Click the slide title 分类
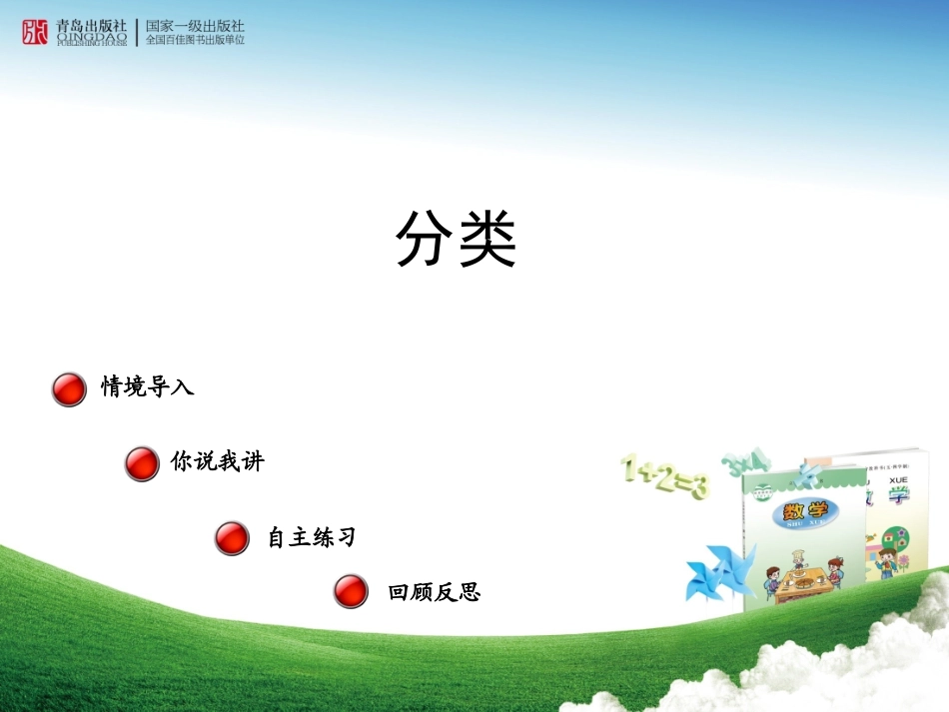[x=456, y=241]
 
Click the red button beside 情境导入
[x=69, y=389]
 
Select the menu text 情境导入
[x=147, y=386]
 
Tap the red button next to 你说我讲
[x=142, y=463]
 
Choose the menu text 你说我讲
[x=217, y=461]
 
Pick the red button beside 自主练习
[x=232, y=538]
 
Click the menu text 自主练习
[x=311, y=537]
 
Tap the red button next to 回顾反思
[x=351, y=591]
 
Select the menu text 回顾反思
[x=434, y=592]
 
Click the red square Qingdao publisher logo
[x=35, y=32]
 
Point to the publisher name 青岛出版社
[x=92, y=26]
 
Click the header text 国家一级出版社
[x=195, y=26]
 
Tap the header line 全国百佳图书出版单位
[x=195, y=41]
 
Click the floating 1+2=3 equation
[x=664, y=477]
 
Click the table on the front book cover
[x=799, y=578]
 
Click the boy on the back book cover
[x=885, y=559]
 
